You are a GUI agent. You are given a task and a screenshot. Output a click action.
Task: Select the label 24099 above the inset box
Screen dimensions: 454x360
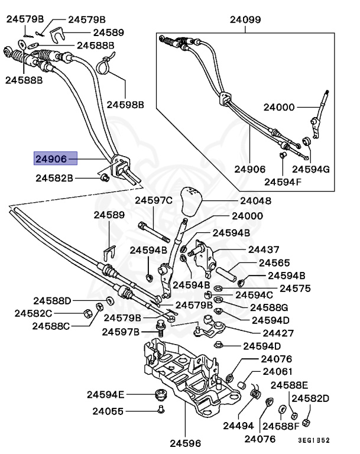pyautogui.click(x=245, y=20)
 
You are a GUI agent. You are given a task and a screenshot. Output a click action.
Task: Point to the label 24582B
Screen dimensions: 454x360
pyautogui.click(x=54, y=177)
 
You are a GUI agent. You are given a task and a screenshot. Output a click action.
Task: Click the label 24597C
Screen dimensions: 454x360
pyautogui.click(x=153, y=201)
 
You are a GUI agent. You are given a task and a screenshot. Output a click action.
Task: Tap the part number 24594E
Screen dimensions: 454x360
pyautogui.click(x=106, y=394)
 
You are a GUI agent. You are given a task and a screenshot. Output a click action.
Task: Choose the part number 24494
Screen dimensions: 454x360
pyautogui.click(x=238, y=425)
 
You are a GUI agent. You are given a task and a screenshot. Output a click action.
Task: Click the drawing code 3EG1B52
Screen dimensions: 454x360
pyautogui.click(x=313, y=439)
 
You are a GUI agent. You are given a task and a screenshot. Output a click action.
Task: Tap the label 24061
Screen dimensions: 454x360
pyautogui.click(x=277, y=372)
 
